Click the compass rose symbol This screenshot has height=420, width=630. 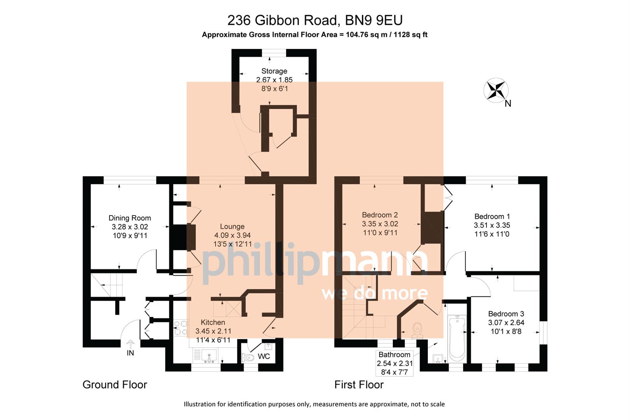(496, 90)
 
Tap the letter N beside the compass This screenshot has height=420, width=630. (508, 103)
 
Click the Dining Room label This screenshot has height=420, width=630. (129, 218)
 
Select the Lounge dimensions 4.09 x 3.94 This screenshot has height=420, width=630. (232, 235)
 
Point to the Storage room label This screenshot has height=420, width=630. (274, 71)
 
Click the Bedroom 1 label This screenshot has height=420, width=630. (492, 217)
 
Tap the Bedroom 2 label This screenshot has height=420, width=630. (380, 215)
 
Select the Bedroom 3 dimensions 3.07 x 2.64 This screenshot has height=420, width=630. (506, 323)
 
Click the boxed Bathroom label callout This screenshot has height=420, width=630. (394, 363)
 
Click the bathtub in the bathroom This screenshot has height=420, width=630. (457, 338)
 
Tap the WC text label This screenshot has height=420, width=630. (264, 357)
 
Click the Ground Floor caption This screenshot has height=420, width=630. (115, 385)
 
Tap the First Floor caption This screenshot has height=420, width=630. (359, 385)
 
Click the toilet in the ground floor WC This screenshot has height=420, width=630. (247, 357)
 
